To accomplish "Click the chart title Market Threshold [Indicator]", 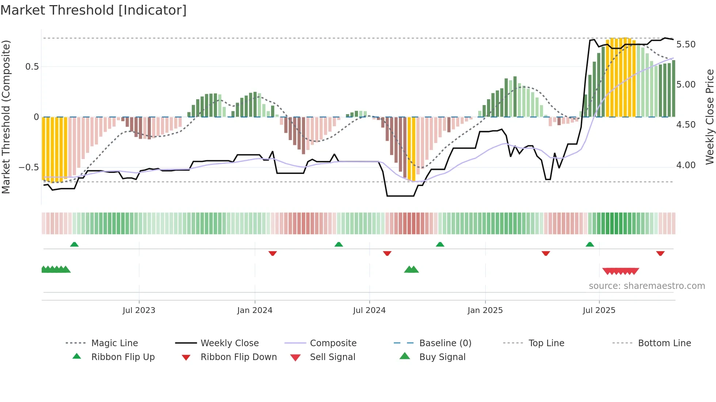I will (94, 10).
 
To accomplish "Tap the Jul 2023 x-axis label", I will (139, 310).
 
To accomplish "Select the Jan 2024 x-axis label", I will (255, 310).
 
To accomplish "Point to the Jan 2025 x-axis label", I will (485, 310).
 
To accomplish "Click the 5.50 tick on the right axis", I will (686, 45).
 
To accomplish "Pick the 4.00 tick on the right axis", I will (686, 165).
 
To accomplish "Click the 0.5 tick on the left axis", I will (32, 67).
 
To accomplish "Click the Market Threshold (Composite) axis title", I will (6, 117).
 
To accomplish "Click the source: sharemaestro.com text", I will (647, 286).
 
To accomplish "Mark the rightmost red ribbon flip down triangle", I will (660, 253).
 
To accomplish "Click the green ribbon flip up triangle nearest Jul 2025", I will (590, 244).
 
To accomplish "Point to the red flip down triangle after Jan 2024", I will (273, 253).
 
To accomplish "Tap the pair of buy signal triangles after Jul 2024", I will (411, 270).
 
